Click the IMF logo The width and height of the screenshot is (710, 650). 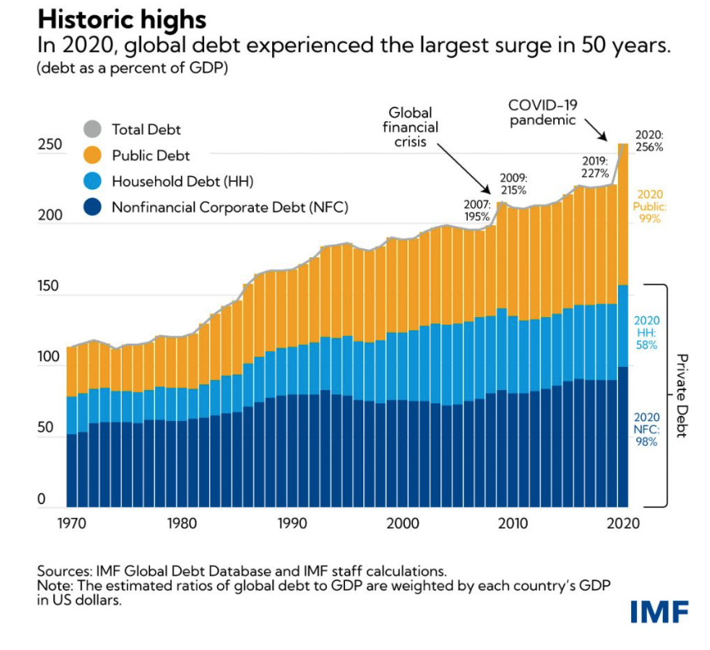tap(659, 612)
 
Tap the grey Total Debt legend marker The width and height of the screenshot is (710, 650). tap(92, 129)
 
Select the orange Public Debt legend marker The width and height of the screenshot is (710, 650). tap(92, 154)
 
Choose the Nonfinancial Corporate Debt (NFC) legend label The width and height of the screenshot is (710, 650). tap(229, 207)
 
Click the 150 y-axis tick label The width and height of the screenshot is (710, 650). tap(51, 287)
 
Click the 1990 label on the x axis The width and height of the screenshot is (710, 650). tap(292, 524)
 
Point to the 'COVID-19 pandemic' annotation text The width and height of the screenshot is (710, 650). tap(543, 112)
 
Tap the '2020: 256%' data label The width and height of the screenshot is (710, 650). tap(649, 140)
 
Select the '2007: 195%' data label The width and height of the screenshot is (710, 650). tap(478, 210)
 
